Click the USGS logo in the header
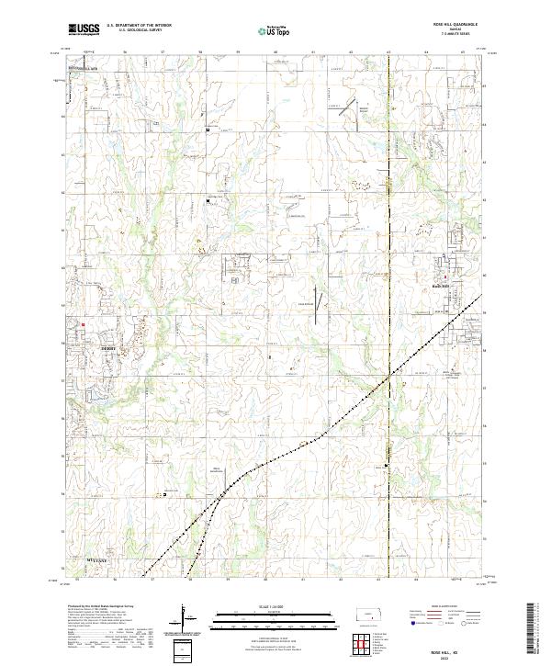pos(84,29)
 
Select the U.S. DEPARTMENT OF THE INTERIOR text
pos(138,26)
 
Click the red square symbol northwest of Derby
pos(82,322)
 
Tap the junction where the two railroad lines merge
pos(230,479)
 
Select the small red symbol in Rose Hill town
pos(446,276)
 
